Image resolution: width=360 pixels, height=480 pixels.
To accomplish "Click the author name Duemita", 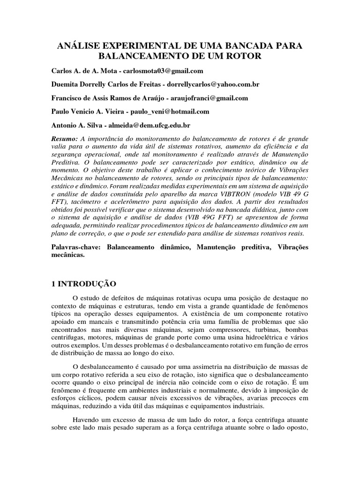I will [66, 84].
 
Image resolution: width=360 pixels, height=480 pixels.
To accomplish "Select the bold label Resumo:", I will [65, 139].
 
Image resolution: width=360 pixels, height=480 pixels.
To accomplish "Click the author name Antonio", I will [65, 125].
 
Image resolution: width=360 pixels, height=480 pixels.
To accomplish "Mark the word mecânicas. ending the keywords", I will [67, 255].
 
